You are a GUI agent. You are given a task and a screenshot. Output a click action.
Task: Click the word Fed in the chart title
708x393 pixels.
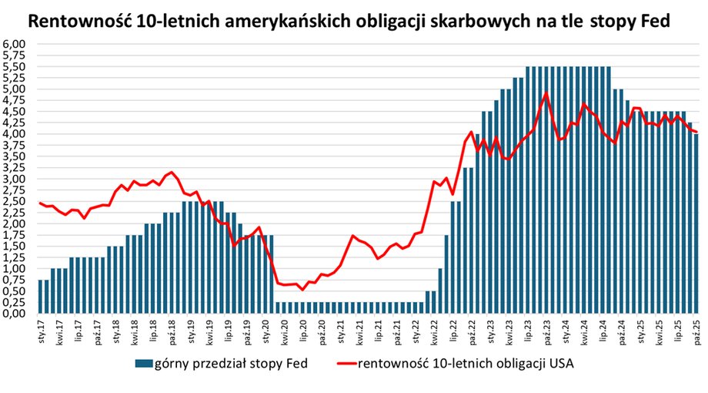click(x=653, y=22)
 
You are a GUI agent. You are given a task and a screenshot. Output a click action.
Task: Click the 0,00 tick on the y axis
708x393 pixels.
click(x=15, y=314)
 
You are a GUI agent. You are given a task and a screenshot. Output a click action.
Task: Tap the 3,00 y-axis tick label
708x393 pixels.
click(x=15, y=179)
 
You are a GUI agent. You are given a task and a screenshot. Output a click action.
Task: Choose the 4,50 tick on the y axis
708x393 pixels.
click(x=15, y=112)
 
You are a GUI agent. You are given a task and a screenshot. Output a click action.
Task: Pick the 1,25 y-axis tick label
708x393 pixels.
click(x=15, y=257)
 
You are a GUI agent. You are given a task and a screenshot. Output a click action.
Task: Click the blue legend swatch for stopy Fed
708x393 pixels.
click(x=145, y=362)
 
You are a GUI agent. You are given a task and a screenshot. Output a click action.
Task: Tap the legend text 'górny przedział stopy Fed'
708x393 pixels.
click(x=231, y=362)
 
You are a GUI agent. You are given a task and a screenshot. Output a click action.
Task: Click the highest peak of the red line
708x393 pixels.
click(x=546, y=93)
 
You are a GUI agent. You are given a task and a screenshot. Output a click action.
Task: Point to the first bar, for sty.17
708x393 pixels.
click(x=40, y=297)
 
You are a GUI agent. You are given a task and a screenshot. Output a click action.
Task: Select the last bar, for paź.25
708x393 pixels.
click(x=696, y=223)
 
